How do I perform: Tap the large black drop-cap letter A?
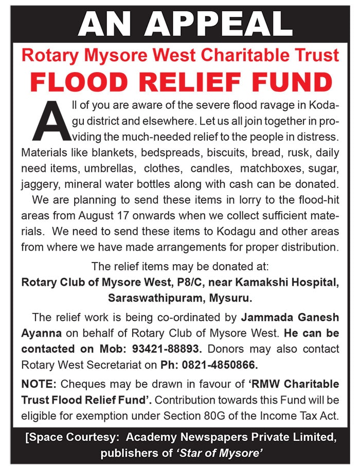tap(49, 120)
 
